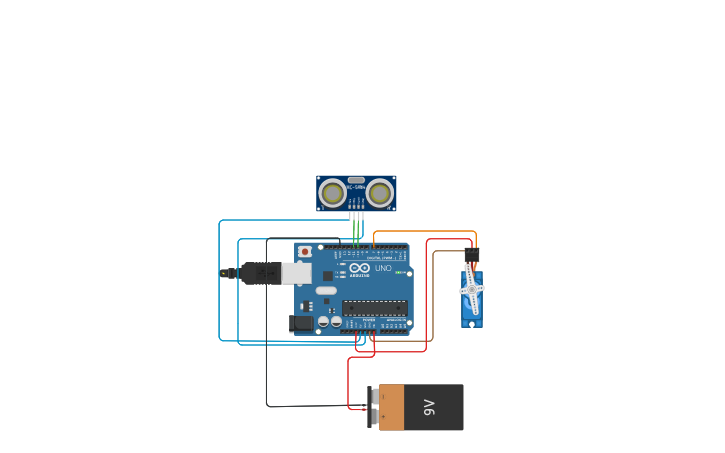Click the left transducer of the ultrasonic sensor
332,192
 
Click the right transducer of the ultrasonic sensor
380,192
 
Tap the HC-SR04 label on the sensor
356,187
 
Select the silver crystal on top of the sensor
356,180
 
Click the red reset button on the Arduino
305,251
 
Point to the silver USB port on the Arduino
297,273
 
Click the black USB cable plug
262,273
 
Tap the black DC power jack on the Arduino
301,323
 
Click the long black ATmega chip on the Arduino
374,308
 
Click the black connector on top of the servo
472,255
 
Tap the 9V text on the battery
429,407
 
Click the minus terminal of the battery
374,397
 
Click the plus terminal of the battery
374,416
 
